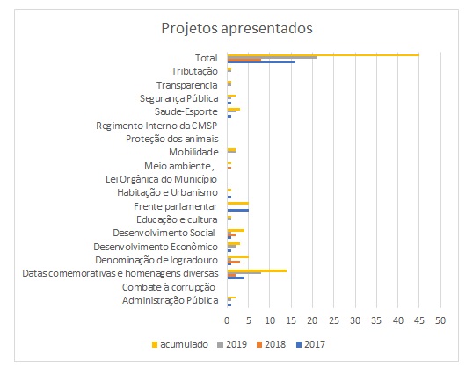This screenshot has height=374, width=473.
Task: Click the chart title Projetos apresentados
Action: pos(236,29)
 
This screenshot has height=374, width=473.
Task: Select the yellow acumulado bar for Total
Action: pos(323,55)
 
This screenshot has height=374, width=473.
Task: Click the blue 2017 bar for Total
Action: pos(261,62)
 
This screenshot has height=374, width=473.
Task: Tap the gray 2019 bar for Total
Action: pos(272,58)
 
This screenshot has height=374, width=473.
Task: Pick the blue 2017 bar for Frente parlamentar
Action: pos(238,210)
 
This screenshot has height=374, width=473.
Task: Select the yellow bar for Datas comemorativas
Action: pos(257,270)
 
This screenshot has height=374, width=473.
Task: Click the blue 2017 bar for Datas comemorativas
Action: pos(236,277)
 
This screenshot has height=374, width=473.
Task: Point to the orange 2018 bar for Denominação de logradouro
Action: pos(234,262)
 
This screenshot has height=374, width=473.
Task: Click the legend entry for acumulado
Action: pos(180,344)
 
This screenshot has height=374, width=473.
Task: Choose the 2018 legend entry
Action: pos(271,344)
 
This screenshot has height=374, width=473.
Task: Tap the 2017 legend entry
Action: pos(310,344)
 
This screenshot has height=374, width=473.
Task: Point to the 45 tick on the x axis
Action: pos(419,320)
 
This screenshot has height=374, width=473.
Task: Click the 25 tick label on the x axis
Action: pos(334,320)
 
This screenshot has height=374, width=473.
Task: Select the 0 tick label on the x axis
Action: pos(227,320)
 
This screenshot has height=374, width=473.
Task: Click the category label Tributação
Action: pos(194,71)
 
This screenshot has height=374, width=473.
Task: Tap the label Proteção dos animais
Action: pos(172,139)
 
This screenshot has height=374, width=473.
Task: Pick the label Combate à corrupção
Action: pos(169,287)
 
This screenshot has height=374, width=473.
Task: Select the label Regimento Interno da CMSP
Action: pos(156,126)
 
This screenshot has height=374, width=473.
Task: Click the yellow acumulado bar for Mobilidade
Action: pos(232,149)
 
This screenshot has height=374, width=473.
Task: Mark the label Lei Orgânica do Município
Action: pos(161,179)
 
